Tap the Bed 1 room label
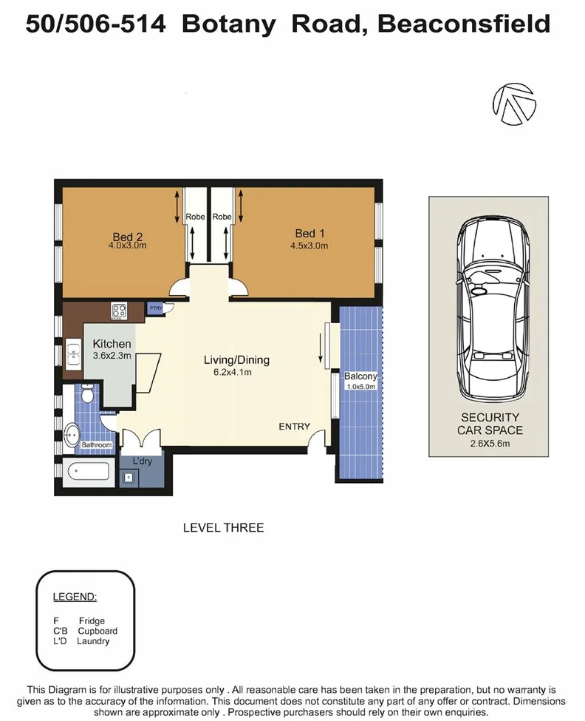[305, 234]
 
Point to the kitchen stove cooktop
[120, 311]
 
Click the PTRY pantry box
[156, 308]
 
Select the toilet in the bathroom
[88, 395]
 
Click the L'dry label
[142, 461]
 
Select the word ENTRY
[294, 427]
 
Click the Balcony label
[360, 376]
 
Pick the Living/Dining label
[237, 360]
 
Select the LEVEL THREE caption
[223, 527]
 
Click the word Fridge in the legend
[92, 621]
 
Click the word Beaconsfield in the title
[464, 24]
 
